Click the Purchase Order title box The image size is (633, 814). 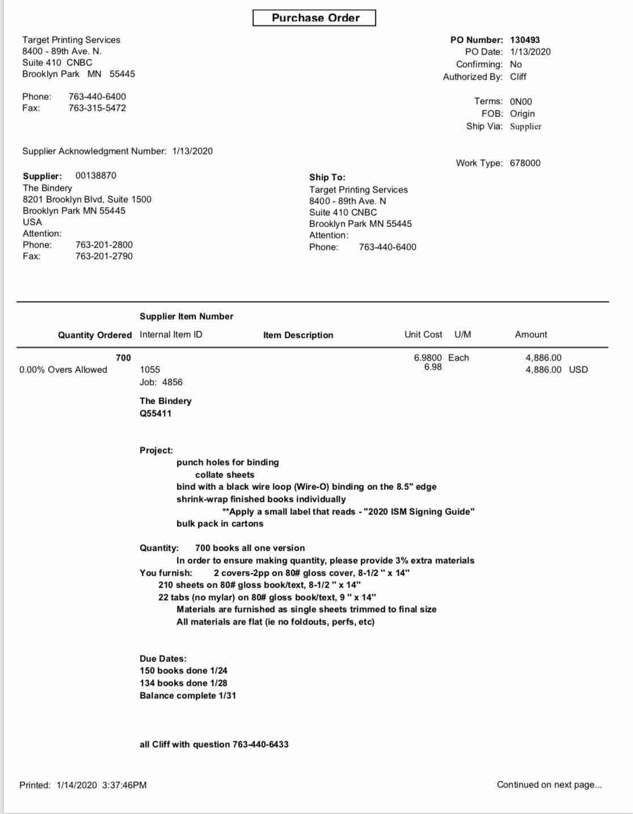pyautogui.click(x=315, y=18)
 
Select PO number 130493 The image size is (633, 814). pyautogui.click(x=525, y=40)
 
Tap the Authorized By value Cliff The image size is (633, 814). pyautogui.click(x=518, y=77)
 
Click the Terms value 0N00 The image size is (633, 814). pyautogui.click(x=521, y=102)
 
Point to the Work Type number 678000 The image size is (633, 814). pyautogui.click(x=525, y=163)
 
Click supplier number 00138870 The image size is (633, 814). pyautogui.click(x=96, y=175)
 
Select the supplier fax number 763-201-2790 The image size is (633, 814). pyautogui.click(x=104, y=256)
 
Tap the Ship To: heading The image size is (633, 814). pyautogui.click(x=327, y=177)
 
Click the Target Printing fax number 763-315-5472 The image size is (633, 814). pyautogui.click(x=97, y=108)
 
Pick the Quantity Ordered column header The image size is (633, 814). pyautogui.click(x=95, y=335)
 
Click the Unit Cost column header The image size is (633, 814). pyautogui.click(x=423, y=334)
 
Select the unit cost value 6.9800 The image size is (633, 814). pyautogui.click(x=428, y=358)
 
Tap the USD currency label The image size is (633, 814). pyautogui.click(x=578, y=370)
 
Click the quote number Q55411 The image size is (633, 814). pyautogui.click(x=155, y=413)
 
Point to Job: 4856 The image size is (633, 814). pyautogui.click(x=161, y=382)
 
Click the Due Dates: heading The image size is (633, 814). pyautogui.click(x=163, y=658)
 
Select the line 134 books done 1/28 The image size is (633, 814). pyautogui.click(x=183, y=683)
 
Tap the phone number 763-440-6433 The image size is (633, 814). pyautogui.click(x=260, y=744)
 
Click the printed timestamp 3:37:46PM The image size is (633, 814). pyautogui.click(x=124, y=785)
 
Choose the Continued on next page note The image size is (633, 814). pyautogui.click(x=549, y=784)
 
